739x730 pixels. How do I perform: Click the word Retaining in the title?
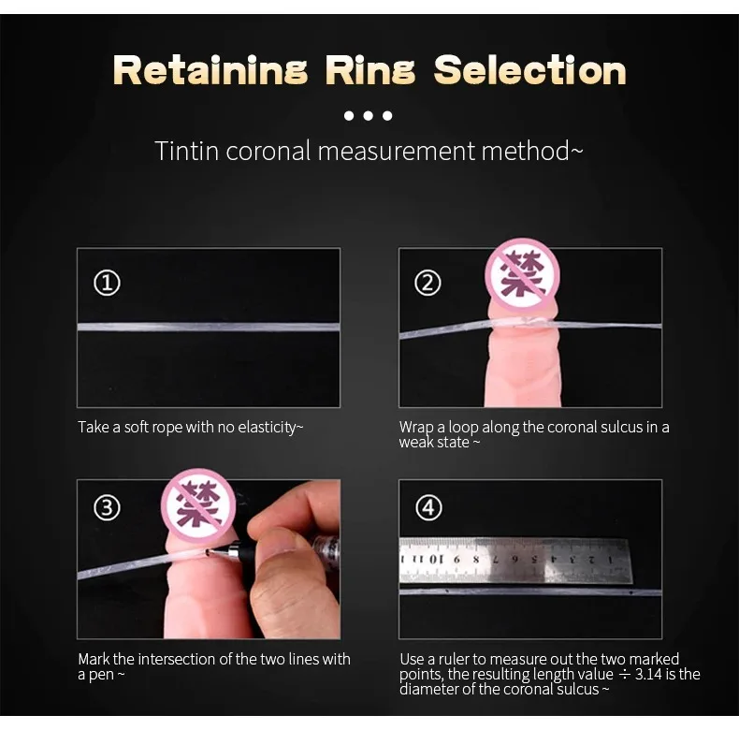[x=210, y=70]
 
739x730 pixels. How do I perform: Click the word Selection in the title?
[x=529, y=70]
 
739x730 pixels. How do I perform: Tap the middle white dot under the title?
[x=368, y=115]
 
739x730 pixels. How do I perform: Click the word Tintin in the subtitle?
[x=187, y=151]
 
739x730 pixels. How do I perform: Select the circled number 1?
[x=107, y=283]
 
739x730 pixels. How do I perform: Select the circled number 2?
[x=427, y=283]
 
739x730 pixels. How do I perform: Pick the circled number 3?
[x=107, y=508]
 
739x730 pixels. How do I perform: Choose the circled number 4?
[x=428, y=508]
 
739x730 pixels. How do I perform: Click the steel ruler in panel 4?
[x=514, y=561]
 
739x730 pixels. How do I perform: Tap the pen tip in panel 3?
[x=208, y=550]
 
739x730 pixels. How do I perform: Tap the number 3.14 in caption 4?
[x=648, y=674]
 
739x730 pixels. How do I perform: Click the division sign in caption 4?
[x=624, y=675]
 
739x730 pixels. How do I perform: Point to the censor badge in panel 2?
[x=522, y=274]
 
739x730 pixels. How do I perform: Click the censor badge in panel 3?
[x=198, y=505]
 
